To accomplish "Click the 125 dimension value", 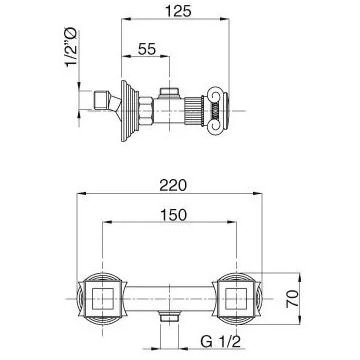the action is coord(179,11).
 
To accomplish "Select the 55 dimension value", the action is coord(147,49).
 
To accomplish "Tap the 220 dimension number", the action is coord(172,185).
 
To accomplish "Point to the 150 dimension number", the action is coord(173,215).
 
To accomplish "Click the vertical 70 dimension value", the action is coord(292,298).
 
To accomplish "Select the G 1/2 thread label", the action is coord(220,341).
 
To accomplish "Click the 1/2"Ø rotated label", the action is coord(71,48).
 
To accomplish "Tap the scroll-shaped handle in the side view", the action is coord(218,111).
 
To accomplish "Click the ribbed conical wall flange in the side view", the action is coord(129,111).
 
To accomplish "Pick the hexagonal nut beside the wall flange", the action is coord(146,111).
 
